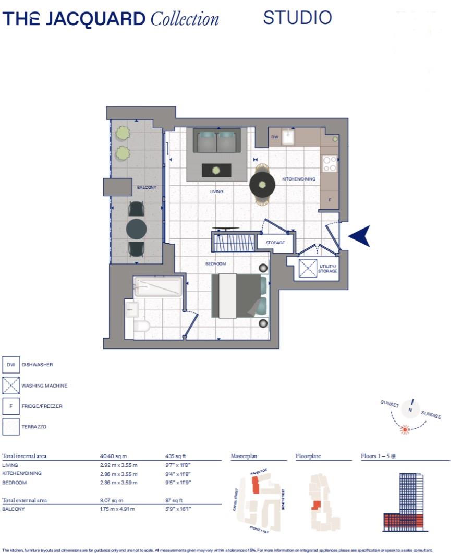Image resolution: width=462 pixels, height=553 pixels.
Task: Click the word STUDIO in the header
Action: click(297, 18)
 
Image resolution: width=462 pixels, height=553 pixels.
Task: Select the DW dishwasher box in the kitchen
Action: click(275, 137)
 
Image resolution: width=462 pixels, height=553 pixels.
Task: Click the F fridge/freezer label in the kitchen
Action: click(330, 200)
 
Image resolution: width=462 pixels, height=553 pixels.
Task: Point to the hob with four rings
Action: click(330, 164)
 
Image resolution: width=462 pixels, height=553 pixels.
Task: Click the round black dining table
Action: click(262, 183)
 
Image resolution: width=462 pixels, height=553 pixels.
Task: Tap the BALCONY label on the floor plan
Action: click(147, 187)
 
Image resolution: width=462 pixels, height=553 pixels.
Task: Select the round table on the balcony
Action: click(137, 229)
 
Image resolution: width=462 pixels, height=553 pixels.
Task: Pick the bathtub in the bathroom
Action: click(158, 286)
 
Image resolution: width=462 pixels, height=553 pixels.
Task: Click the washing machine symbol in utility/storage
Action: click(308, 268)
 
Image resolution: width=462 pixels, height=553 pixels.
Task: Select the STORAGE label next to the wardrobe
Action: click(275, 243)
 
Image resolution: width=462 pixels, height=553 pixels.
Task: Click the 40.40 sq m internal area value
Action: click(113, 456)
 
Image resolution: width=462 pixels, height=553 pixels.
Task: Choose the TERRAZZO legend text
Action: click(34, 427)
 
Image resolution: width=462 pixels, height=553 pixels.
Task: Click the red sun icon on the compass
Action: click(404, 429)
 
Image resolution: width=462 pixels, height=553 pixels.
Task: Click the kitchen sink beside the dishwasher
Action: click(288, 137)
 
